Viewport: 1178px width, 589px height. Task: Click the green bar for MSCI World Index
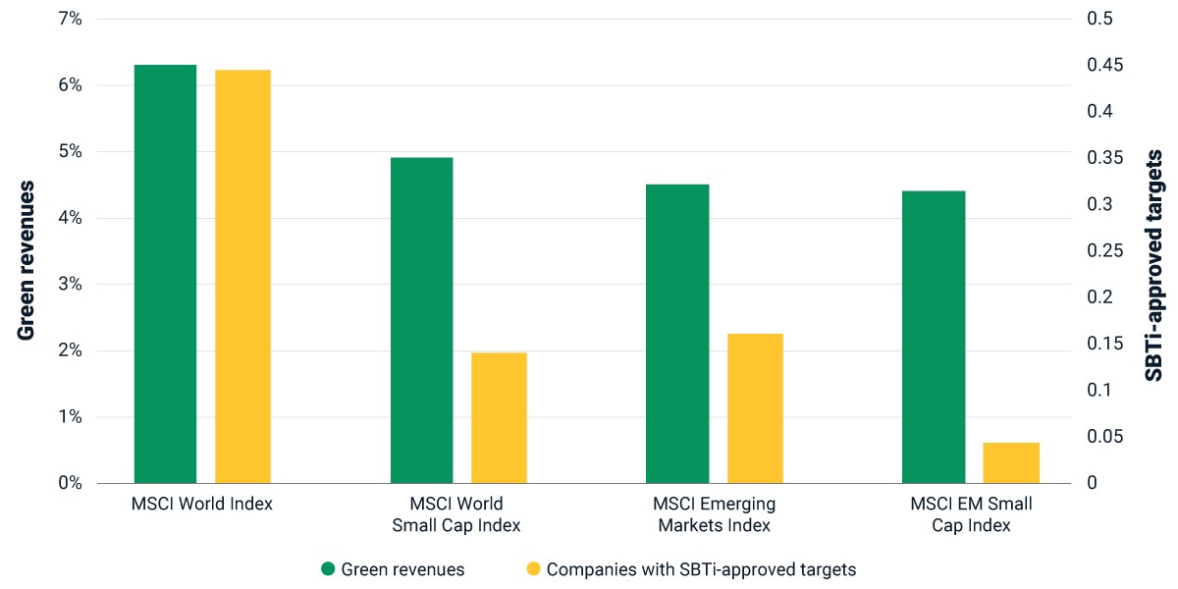(x=165, y=274)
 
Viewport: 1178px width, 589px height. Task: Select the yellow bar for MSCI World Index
(x=243, y=277)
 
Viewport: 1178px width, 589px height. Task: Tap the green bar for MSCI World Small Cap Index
(x=422, y=320)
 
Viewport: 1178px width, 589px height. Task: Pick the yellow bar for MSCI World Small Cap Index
(x=499, y=418)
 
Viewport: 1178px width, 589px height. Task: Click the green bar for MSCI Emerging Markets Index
(x=677, y=334)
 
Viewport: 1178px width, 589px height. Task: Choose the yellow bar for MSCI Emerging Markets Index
(x=755, y=408)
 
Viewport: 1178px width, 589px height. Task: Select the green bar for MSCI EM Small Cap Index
(x=934, y=337)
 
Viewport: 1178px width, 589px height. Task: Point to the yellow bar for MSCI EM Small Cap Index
(x=1011, y=462)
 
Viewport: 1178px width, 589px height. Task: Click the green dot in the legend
(x=328, y=568)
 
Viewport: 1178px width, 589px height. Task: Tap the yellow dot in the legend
(x=533, y=568)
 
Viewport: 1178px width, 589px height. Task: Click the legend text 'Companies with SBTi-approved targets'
(x=702, y=569)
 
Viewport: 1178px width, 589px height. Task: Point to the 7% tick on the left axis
(x=70, y=19)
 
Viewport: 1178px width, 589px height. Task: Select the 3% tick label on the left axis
(x=70, y=285)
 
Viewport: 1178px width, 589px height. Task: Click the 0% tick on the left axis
(x=70, y=483)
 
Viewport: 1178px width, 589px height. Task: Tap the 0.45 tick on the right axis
(x=1105, y=65)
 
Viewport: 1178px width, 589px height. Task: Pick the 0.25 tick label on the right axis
(x=1105, y=251)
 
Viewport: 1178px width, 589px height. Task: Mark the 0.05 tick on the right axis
(x=1105, y=437)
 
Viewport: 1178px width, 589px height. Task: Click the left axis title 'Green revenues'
(x=26, y=261)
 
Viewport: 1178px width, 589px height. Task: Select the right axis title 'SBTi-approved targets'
(x=1153, y=266)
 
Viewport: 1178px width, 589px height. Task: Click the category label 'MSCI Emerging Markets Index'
(x=715, y=514)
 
